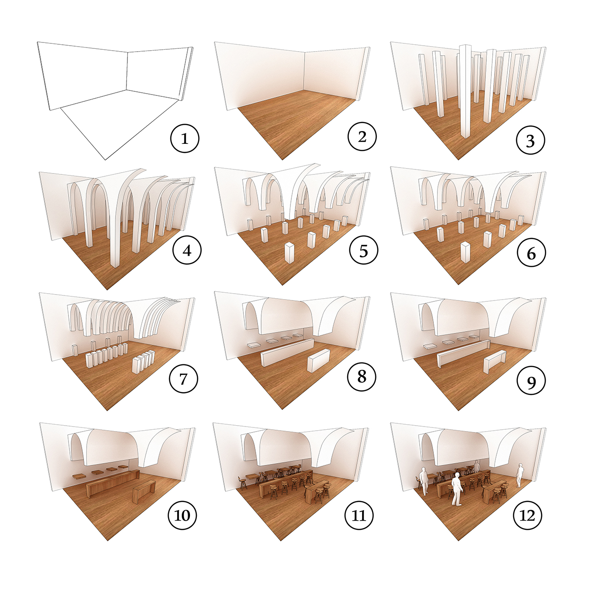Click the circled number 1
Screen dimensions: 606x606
(184, 139)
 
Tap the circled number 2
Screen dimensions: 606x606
(362, 137)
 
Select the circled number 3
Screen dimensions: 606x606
(530, 141)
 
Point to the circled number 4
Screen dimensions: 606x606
(187, 251)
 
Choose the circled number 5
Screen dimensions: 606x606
(364, 251)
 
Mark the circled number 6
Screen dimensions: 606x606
(531, 253)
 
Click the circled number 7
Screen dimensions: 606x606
(183, 378)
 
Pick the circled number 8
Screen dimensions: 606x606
(362, 376)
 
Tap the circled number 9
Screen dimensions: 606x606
(531, 381)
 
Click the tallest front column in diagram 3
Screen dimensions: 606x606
(465, 91)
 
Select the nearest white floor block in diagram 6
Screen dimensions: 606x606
(465, 252)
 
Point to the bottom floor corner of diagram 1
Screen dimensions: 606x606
(105, 160)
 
